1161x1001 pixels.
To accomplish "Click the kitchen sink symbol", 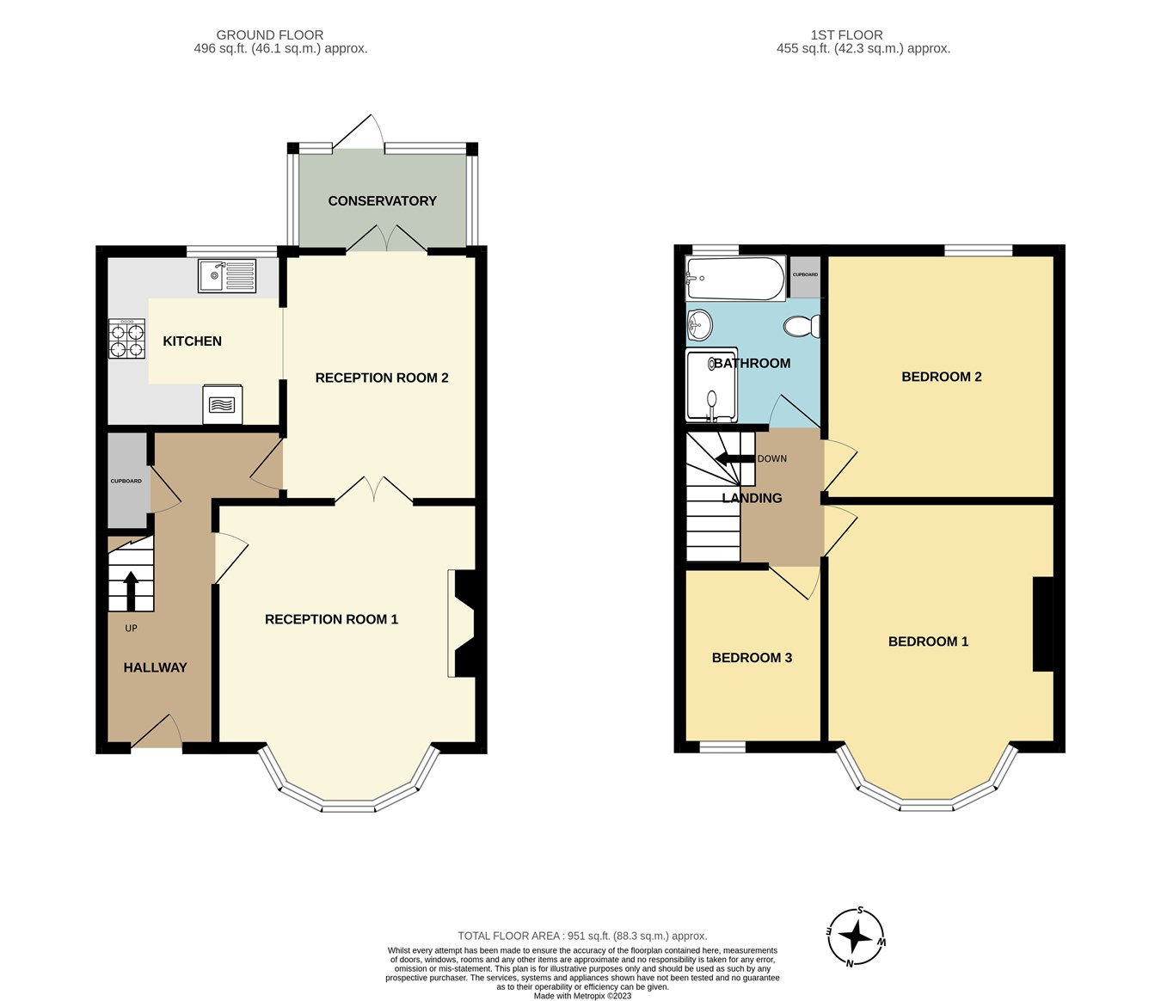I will tap(227, 276).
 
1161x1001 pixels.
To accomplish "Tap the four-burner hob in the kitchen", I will tap(126, 339).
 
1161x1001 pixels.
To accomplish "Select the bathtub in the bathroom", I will tap(735, 278).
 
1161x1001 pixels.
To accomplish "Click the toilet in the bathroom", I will tap(802, 327).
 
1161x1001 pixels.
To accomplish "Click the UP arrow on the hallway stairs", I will tap(131, 590).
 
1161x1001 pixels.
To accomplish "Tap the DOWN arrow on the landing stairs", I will tap(732, 458).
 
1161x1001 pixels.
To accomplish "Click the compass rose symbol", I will tap(856, 937).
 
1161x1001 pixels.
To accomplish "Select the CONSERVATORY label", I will tap(382, 201).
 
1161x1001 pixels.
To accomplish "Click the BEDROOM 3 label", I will tap(752, 658).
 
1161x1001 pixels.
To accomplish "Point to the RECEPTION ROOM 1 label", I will tap(331, 619).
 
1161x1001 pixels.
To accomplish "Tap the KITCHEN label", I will tap(192, 341).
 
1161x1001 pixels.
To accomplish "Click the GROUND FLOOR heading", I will tap(269, 35).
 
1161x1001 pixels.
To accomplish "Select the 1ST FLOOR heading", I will tap(846, 35).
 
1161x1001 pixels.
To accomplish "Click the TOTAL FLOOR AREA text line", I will tap(582, 936).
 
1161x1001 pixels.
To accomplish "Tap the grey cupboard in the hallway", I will tap(126, 481).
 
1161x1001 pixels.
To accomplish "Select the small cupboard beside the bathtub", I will tap(805, 275).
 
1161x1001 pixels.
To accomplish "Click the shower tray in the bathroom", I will tap(711, 386).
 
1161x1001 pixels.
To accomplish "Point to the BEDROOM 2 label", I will tap(941, 377).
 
